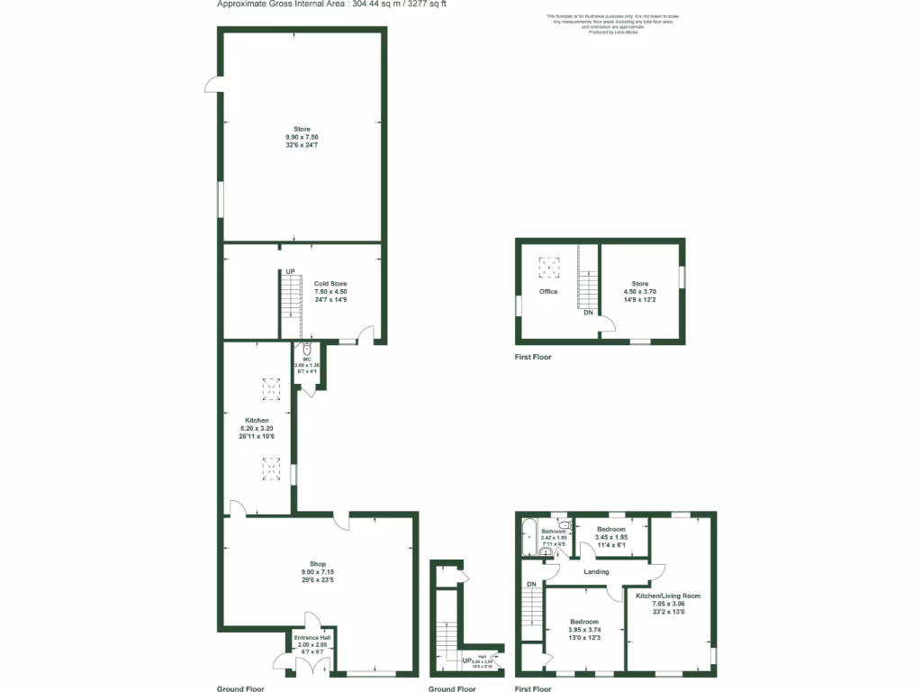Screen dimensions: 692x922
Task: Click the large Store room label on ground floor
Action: [301, 129]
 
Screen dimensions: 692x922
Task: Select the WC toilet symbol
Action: [307, 351]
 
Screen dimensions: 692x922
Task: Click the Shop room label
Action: [317, 564]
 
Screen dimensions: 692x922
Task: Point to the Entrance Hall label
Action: [312, 638]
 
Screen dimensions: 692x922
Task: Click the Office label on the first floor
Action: [548, 291]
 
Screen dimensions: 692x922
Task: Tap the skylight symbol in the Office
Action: [548, 266]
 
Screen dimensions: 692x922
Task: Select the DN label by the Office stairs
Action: [588, 313]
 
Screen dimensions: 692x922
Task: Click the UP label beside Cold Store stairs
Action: [290, 272]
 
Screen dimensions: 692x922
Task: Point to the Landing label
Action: [596, 571]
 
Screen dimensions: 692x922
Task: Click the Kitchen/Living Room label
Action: [667, 596]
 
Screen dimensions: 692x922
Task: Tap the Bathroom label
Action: [554, 531]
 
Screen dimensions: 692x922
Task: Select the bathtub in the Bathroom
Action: [529, 539]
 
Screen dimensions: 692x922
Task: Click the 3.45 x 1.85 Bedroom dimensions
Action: [612, 537]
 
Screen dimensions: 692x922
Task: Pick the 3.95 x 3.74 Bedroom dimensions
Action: [583, 630]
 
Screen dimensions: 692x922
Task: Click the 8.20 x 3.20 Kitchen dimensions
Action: [256, 429]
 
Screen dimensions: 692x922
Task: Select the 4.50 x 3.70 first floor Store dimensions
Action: [639, 291]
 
